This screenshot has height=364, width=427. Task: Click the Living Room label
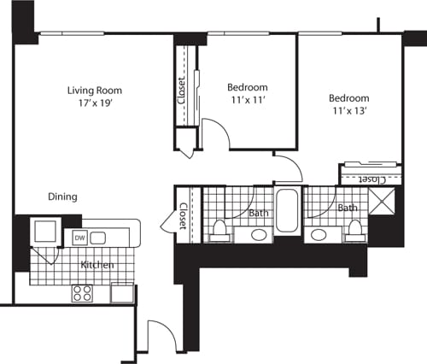[96, 90]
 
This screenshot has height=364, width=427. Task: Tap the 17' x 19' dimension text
[96, 103]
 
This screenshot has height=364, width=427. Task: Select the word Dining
[63, 197]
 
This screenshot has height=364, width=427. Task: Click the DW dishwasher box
[79, 238]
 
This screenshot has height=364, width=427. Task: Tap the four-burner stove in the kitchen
[82, 293]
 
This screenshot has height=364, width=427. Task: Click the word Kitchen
[97, 265]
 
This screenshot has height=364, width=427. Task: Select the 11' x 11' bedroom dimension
[248, 101]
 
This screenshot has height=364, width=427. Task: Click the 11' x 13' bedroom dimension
[350, 112]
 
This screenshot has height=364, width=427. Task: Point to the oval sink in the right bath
[320, 234]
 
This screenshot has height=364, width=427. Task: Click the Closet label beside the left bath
[183, 216]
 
